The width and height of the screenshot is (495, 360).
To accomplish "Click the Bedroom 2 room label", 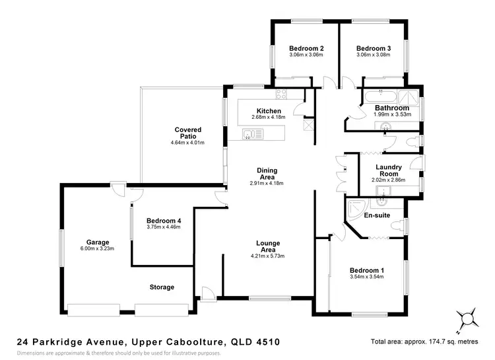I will [x=306, y=48].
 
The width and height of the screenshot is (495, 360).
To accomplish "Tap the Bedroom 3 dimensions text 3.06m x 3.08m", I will [x=374, y=55].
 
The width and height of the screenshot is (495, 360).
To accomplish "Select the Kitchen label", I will [x=269, y=111].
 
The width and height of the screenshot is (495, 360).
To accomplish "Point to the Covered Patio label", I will [x=188, y=133].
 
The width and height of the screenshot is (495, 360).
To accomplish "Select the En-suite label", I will [x=378, y=215].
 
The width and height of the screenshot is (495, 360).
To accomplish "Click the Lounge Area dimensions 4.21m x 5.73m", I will [x=267, y=256].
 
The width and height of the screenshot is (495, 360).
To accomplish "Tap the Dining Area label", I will [x=267, y=173].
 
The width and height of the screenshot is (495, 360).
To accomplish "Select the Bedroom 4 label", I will [x=164, y=221].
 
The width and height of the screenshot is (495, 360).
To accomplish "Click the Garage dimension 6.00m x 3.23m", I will [x=97, y=248].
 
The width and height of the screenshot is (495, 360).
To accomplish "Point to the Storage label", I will [x=162, y=287].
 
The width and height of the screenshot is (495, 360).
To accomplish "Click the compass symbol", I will [x=469, y=318].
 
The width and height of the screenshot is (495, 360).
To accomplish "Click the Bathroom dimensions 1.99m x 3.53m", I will [x=393, y=114].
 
